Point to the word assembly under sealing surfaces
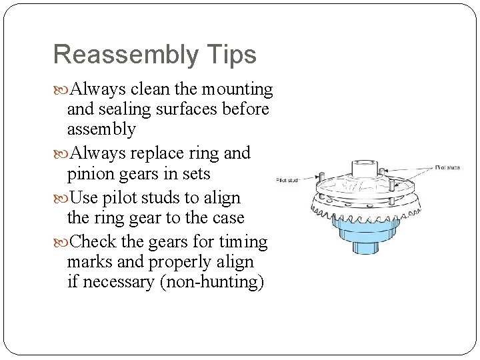pos(101,129)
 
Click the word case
pos(227,218)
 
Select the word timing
pos(243,241)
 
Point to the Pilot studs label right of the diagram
pos(447,167)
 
